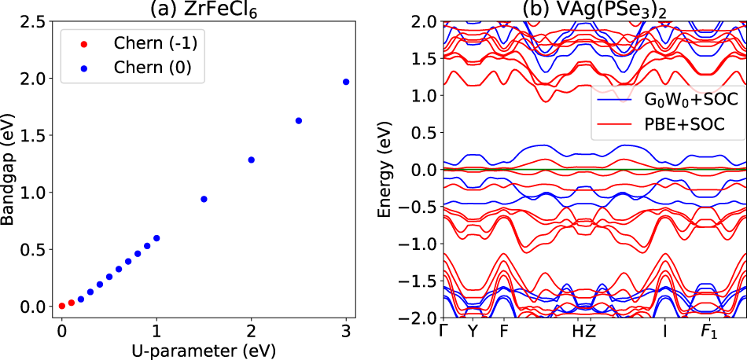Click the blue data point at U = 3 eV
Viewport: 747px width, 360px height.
pyautogui.click(x=346, y=82)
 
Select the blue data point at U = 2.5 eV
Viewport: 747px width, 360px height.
pyautogui.click(x=299, y=120)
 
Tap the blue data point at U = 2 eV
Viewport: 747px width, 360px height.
pyautogui.click(x=252, y=160)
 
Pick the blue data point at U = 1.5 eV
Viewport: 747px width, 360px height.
pyautogui.click(x=204, y=199)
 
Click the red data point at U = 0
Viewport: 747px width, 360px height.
pyautogui.click(x=62, y=306)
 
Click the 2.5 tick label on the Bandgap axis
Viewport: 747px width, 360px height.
pyautogui.click(x=31, y=21)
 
